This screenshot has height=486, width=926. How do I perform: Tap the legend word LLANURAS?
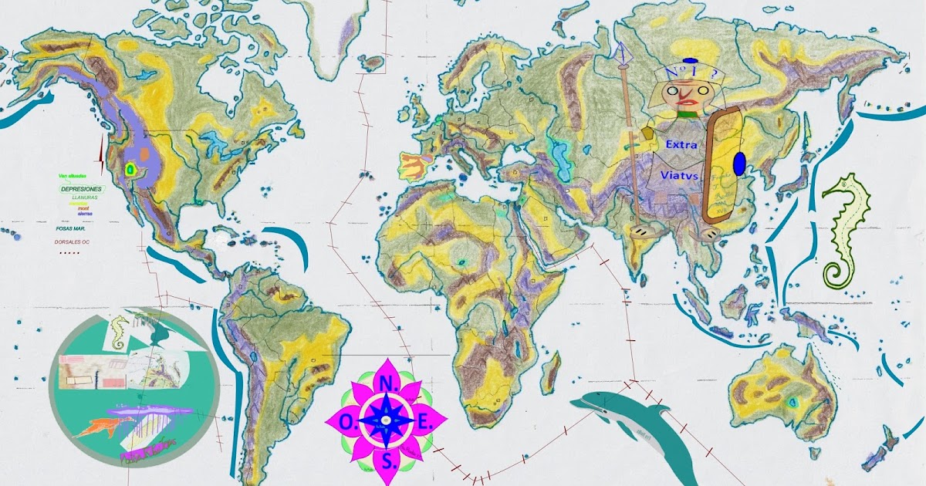[83, 197]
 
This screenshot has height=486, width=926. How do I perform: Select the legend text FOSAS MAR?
[72, 228]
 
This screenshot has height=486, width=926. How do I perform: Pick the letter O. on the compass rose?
[344, 421]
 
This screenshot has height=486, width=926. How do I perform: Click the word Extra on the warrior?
[681, 144]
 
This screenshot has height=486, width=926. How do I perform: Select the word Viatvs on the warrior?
[679, 176]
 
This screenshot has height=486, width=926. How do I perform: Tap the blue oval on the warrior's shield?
[739, 164]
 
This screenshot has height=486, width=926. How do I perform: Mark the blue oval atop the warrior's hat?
[690, 61]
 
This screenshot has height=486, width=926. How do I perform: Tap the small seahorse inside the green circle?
[118, 331]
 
